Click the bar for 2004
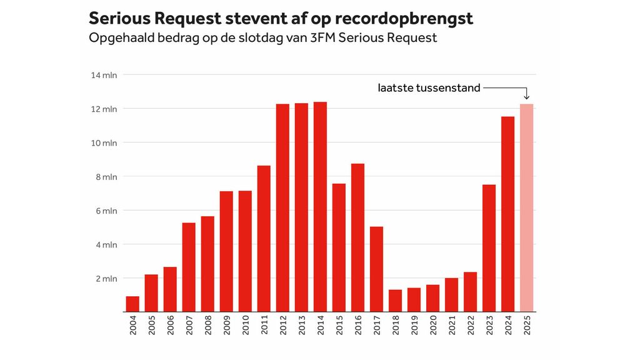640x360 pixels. click(x=132, y=304)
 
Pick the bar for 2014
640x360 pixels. click(x=320, y=206)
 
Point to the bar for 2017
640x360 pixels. click(x=376, y=269)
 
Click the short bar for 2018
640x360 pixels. click(x=395, y=301)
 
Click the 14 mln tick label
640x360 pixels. click(x=104, y=75)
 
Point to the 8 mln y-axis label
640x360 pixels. click(x=106, y=177)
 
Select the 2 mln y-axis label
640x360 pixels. click(x=106, y=278)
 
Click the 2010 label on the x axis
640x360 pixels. click(x=246, y=326)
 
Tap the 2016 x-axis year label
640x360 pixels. click(x=358, y=326)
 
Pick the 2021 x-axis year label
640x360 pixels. click(x=452, y=326)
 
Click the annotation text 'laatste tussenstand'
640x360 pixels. click(x=429, y=88)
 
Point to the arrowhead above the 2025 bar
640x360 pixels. click(x=526, y=97)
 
